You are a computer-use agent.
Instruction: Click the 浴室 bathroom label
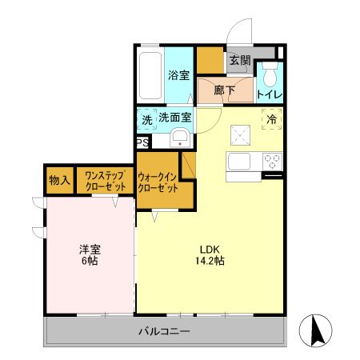(178, 75)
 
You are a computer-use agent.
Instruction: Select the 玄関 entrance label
(239, 60)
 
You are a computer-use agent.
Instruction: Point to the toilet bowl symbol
(268, 78)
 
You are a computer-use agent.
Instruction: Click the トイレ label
(268, 94)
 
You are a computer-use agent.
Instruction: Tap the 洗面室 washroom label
(175, 118)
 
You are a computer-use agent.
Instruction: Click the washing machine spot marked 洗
(146, 119)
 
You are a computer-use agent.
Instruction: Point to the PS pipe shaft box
(142, 143)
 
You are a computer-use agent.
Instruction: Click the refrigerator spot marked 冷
(271, 119)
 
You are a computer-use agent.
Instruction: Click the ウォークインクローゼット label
(157, 182)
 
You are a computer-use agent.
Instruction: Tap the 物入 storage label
(59, 180)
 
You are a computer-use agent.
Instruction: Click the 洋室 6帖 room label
(88, 254)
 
